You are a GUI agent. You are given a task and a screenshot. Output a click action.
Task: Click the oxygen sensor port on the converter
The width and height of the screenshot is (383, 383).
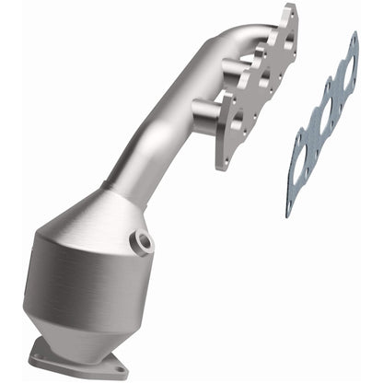click(144, 243)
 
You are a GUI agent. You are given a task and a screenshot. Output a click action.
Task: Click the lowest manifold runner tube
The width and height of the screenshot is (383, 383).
click(204, 110)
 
